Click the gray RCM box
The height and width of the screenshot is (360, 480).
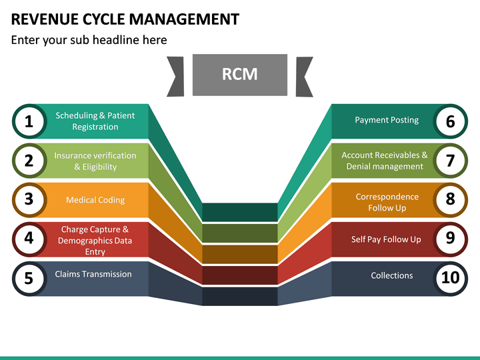(x=239, y=75)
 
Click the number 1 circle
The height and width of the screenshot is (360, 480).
(x=29, y=121)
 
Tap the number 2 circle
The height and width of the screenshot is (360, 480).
(x=29, y=161)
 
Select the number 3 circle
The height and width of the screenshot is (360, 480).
(x=29, y=199)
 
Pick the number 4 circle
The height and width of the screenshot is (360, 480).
(x=29, y=239)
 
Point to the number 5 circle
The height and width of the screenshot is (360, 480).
(x=29, y=277)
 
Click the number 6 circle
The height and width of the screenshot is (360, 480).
(x=450, y=121)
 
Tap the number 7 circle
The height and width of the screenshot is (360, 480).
(x=450, y=161)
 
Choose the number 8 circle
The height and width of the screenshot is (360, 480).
(x=450, y=199)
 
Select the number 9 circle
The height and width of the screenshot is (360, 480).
(x=450, y=239)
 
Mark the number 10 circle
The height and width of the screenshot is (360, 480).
(x=450, y=277)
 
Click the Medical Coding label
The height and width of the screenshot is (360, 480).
(x=95, y=200)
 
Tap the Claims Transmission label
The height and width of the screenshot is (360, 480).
(x=93, y=274)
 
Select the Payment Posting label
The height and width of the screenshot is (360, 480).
(x=387, y=120)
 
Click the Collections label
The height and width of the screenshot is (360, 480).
(x=392, y=275)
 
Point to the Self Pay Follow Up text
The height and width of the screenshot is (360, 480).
(x=386, y=239)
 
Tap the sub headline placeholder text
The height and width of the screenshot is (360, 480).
(x=89, y=40)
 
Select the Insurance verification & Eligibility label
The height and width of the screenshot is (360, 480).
(x=95, y=161)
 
